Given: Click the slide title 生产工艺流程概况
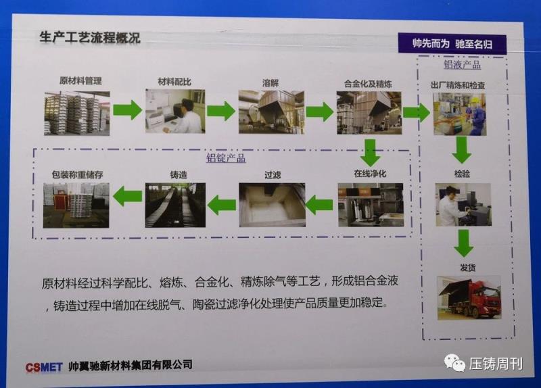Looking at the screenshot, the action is point(90,37).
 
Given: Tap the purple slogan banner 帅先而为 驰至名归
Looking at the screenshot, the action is point(452,43).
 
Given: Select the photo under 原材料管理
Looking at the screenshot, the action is point(77,113).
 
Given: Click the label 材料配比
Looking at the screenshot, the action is point(174,82).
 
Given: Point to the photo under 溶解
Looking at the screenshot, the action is point(272,112).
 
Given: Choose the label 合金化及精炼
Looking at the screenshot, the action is point(368,84).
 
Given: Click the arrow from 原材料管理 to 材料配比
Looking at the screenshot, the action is point(128,110).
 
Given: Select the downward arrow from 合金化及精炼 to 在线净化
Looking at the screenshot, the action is point(370,153).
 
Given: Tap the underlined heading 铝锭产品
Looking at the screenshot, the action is point(226,158).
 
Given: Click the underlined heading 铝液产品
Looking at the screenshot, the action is point(462,64).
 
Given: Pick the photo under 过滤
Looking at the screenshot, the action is point(273,205).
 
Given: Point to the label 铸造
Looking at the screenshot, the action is point(179,175).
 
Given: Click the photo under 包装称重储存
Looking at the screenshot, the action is point(76,205).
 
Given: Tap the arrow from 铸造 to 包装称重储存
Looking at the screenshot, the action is point(127,196).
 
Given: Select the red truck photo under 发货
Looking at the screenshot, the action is point(469,297).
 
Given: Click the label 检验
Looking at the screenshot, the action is point(462,174).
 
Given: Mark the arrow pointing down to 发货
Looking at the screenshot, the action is point(464,243).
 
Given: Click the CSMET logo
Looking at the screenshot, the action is point(44,367).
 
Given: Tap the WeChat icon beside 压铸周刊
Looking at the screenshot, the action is point(454,363).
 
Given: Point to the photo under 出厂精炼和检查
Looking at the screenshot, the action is point(460,114).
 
